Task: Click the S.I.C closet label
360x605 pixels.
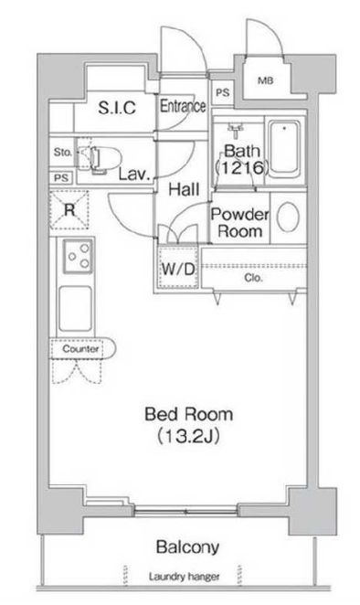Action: coord(117,108)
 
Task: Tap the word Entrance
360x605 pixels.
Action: coord(183,106)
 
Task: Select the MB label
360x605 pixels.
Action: coord(266,80)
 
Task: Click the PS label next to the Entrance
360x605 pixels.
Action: coord(223,92)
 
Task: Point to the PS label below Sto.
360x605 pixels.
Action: coord(61,178)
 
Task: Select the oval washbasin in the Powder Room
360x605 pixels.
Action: coord(288,218)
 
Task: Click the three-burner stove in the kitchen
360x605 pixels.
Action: coord(78,256)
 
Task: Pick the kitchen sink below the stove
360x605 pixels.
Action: coord(76,309)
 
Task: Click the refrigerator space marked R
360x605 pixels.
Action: coord(69,210)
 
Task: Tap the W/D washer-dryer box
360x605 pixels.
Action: coord(178,268)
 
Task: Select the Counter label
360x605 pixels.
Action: coord(80,349)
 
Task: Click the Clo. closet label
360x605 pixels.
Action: coord(253,278)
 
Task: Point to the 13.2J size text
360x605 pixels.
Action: coord(189,436)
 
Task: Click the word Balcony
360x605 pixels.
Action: coord(188,547)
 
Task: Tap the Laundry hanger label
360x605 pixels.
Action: coord(184,577)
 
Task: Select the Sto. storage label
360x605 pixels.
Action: coord(62,152)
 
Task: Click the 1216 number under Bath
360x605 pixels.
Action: coord(241,167)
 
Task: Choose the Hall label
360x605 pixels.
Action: coord(184,189)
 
